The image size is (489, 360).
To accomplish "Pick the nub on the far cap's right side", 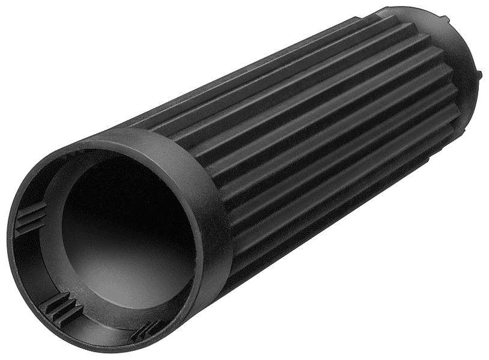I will tap(479, 76).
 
